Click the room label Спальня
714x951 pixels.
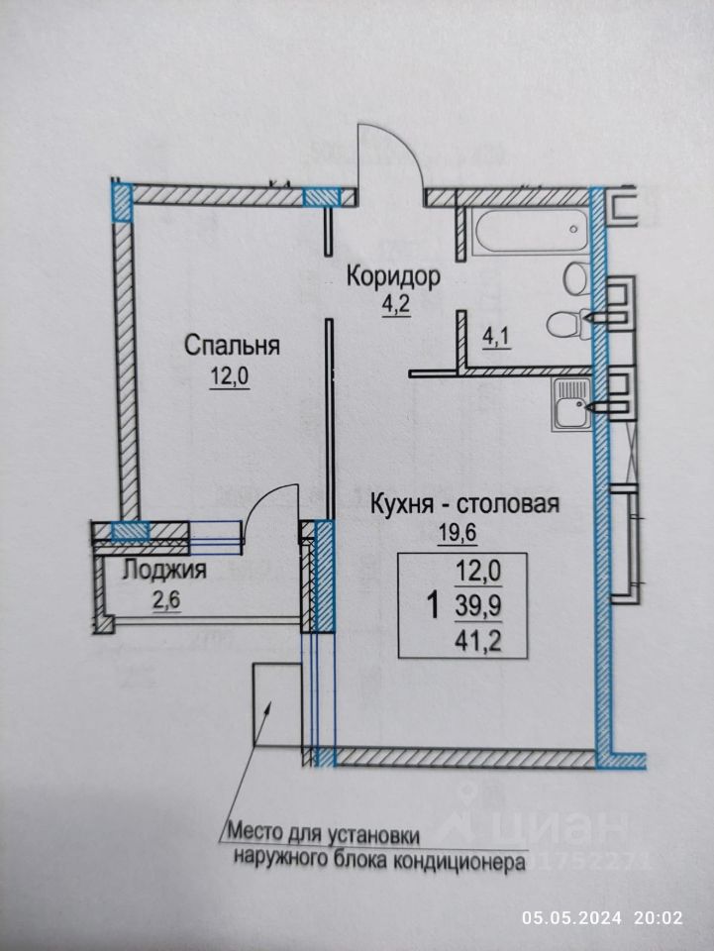point(232,346)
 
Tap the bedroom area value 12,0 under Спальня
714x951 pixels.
point(230,376)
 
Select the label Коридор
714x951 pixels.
point(393,276)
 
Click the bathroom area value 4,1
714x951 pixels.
point(496,338)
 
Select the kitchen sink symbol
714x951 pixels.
point(571,403)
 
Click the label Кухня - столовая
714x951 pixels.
point(464,504)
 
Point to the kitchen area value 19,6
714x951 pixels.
point(459,534)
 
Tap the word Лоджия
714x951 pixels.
point(164,571)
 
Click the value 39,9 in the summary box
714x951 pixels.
point(479,606)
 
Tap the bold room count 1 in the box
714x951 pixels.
point(434,605)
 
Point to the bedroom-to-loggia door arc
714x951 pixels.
point(266,492)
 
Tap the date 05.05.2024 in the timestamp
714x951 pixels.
point(572,917)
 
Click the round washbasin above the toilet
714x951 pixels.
point(575,278)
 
